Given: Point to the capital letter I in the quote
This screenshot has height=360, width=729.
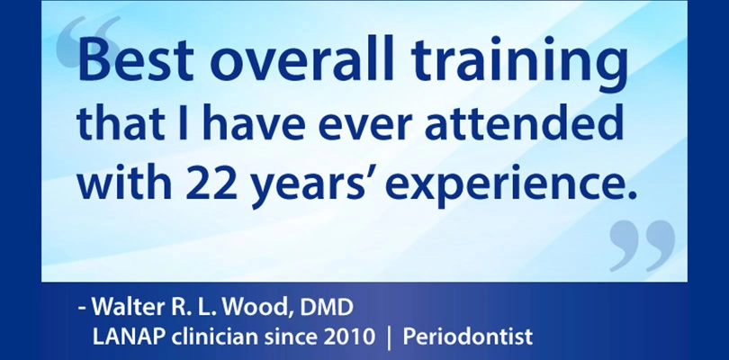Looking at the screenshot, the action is tap(184, 121).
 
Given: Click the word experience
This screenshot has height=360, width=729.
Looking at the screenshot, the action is tap(510, 185).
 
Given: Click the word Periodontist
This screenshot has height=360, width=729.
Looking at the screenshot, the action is tap(467, 337).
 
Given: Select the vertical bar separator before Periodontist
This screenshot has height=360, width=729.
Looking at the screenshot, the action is tap(389, 337).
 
